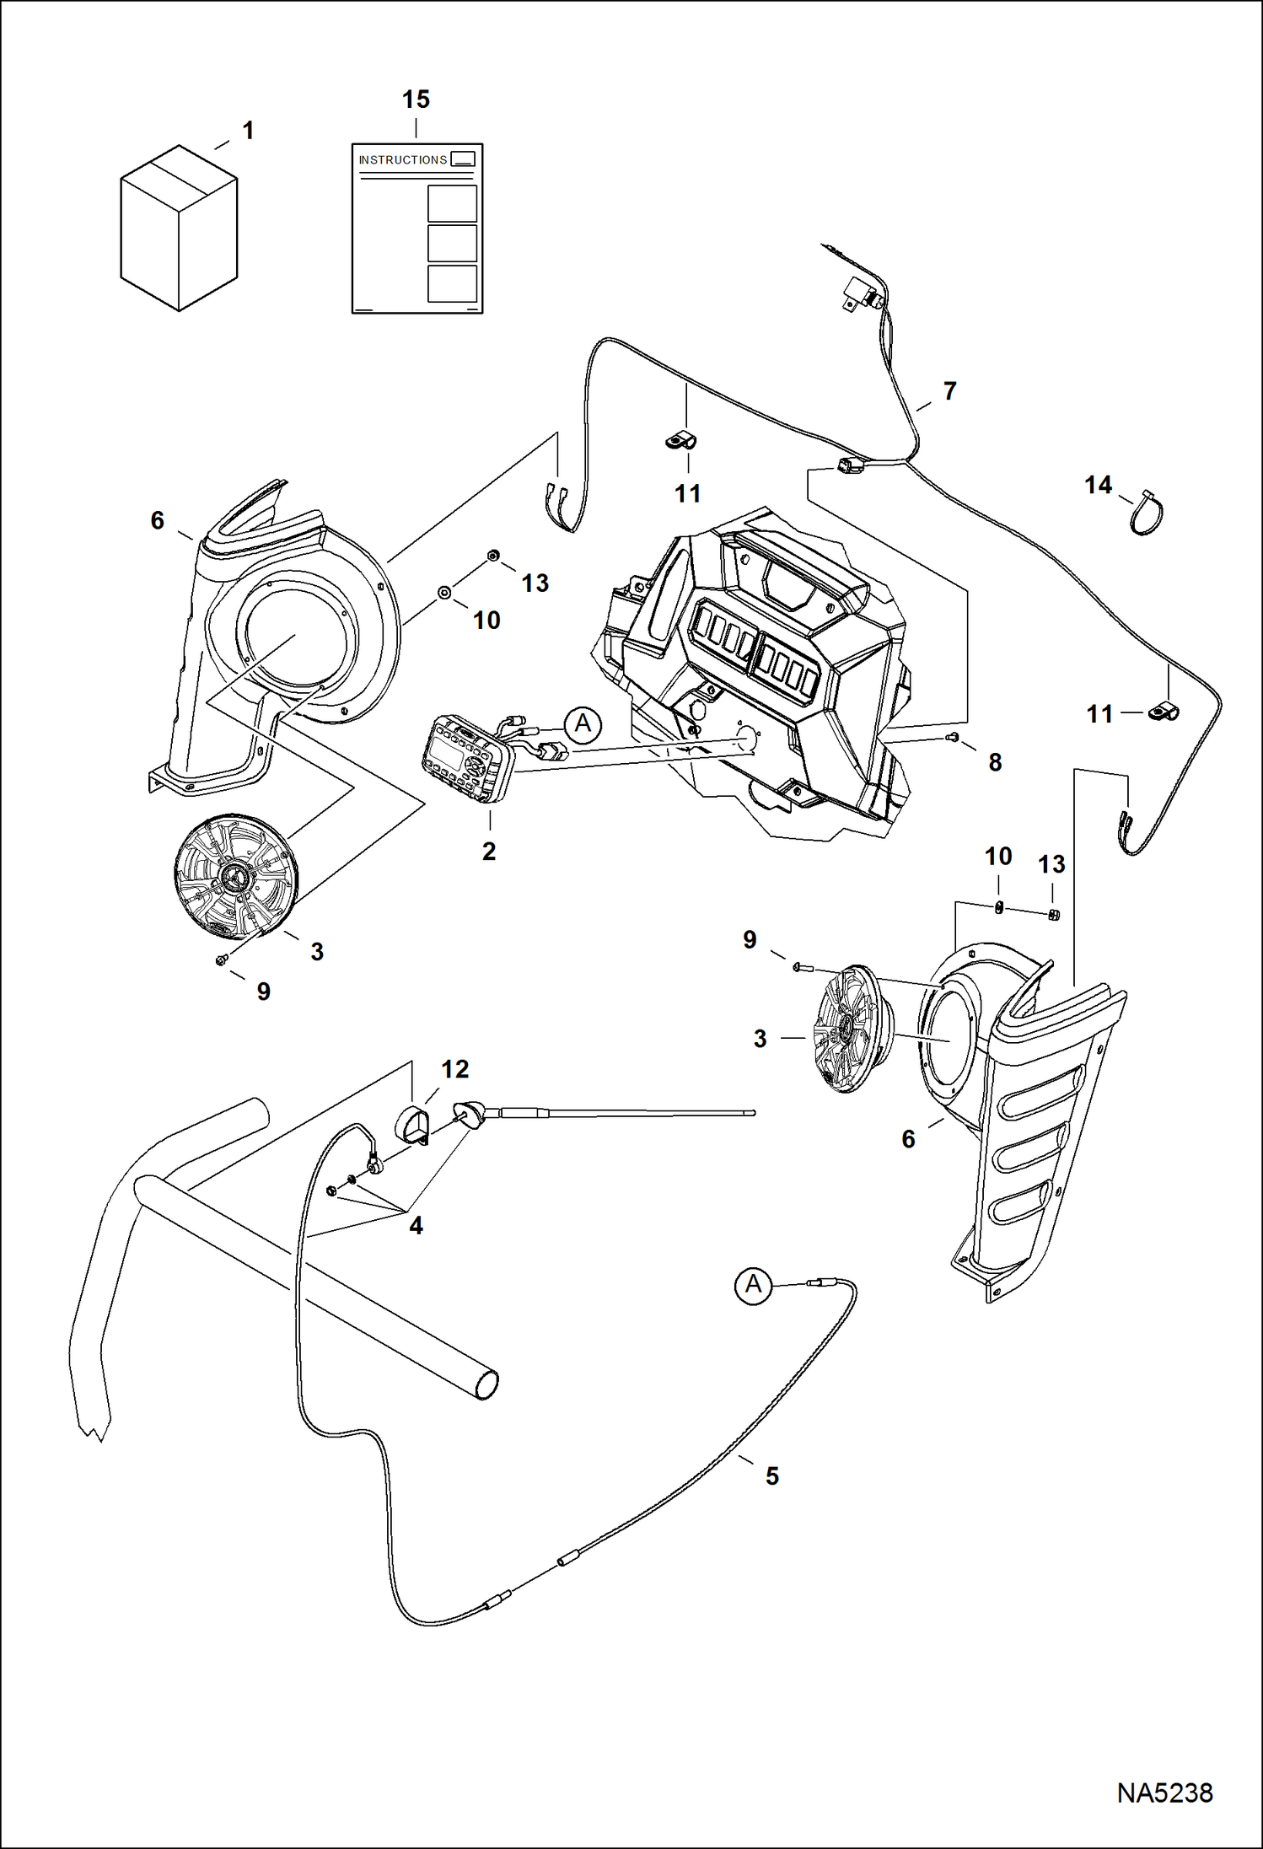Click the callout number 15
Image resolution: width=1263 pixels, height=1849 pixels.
[x=416, y=99]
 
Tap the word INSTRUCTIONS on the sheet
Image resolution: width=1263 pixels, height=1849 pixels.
[x=402, y=160]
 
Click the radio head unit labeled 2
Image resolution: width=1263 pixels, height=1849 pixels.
[x=468, y=757]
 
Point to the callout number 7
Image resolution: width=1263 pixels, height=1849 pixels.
[x=950, y=391]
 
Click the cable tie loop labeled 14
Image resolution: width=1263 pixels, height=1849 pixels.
[x=1146, y=513]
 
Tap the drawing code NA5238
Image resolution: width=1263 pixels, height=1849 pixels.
[x=1164, y=1793]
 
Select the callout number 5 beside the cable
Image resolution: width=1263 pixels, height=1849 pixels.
[x=771, y=1475]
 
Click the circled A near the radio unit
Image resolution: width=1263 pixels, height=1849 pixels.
[x=583, y=724]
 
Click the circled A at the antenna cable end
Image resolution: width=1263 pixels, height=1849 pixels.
[x=753, y=1285]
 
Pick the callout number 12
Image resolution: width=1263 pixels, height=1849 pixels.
[x=454, y=1069]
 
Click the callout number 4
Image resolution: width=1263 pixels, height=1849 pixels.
[x=416, y=1225]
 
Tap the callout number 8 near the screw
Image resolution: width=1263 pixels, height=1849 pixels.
[x=995, y=762]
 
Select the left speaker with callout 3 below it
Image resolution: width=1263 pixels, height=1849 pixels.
[x=234, y=877]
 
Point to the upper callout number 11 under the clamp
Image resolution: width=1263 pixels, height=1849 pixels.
[x=687, y=494]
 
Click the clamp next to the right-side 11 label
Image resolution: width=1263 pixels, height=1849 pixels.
[x=1164, y=712]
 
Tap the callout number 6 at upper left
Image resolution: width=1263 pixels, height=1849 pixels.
[x=158, y=520]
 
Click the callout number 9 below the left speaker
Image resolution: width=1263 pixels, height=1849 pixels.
[x=264, y=992]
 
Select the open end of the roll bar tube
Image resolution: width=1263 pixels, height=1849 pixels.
[x=486, y=1384]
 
